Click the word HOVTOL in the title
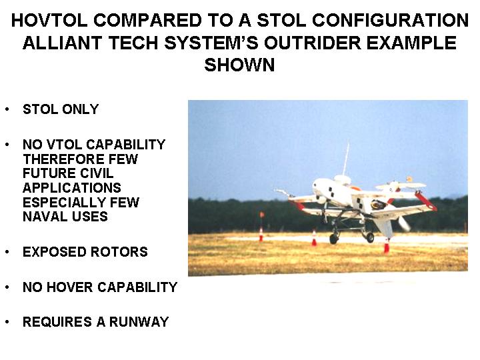coord(49,21)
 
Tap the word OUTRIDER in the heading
coord(312,43)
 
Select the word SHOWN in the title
coord(239,65)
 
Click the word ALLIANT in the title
coord(62,43)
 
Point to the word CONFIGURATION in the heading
coord(390,21)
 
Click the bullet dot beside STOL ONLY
coord(7,109)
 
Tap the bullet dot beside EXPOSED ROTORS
coord(7,251)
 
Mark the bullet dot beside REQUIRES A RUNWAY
coord(7,321)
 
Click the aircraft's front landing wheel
coord(333,239)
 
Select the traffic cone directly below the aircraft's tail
coord(387,246)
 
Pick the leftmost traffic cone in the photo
coord(261,235)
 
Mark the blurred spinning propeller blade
coord(403,223)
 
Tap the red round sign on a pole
coord(262,215)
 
